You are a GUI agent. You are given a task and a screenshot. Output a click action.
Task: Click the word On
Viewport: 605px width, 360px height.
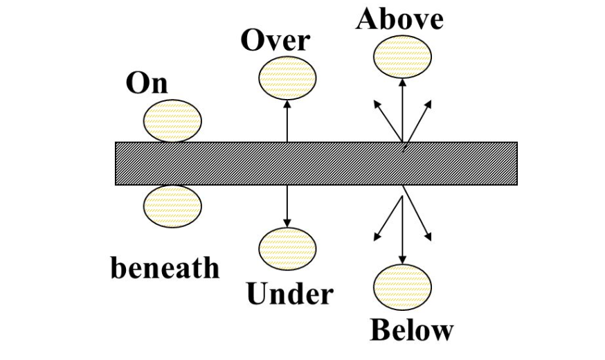click(x=146, y=83)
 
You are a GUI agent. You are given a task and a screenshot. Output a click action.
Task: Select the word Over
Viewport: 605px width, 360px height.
click(x=275, y=40)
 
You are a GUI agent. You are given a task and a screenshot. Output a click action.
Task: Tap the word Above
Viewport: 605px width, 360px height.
click(x=399, y=19)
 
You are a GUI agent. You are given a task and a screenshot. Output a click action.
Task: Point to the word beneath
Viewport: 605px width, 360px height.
click(x=165, y=267)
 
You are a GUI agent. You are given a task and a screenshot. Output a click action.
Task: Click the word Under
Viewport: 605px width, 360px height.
click(x=289, y=295)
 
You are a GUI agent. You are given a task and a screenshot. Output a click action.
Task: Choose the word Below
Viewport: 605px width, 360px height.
click(x=411, y=330)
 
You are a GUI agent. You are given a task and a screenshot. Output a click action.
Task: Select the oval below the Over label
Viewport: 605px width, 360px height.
click(x=287, y=78)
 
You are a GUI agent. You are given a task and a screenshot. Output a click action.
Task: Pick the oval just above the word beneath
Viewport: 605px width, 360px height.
click(x=172, y=206)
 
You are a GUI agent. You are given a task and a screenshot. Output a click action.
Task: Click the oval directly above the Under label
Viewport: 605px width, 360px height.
click(x=287, y=248)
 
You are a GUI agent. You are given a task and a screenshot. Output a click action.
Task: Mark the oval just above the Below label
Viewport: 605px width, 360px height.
click(x=402, y=286)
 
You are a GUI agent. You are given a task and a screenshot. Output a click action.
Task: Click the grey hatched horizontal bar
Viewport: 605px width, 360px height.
click(x=316, y=163)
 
